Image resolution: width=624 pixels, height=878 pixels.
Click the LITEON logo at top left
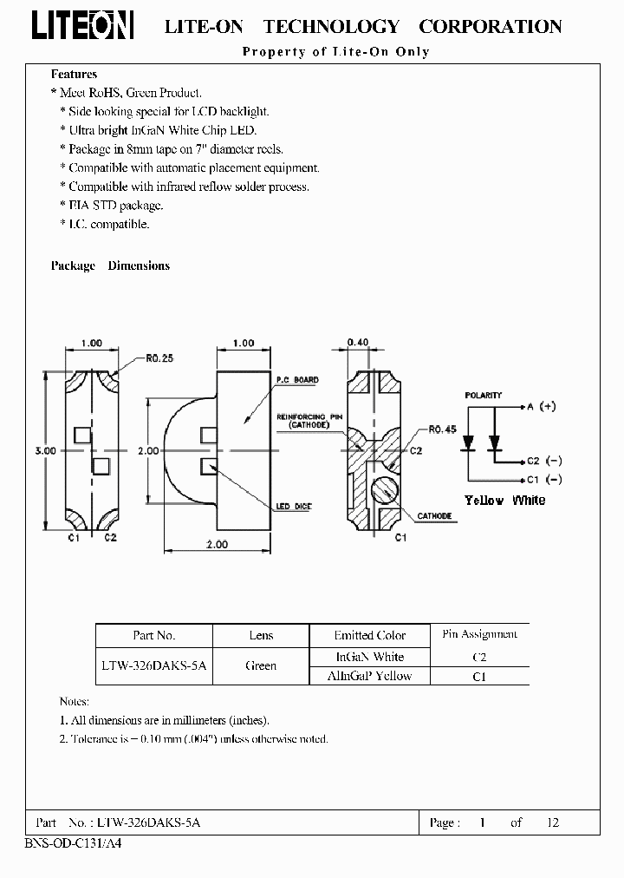point(83,26)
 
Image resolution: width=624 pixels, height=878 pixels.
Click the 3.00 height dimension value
point(46,451)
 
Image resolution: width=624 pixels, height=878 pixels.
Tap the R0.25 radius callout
point(160,356)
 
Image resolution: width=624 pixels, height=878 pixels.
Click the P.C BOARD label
point(297,380)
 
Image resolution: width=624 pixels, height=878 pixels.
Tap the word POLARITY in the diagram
point(483,396)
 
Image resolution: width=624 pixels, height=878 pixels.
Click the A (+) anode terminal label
point(541,406)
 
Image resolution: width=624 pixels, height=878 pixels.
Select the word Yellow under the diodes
point(484,501)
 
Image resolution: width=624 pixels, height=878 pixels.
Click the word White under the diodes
point(529,501)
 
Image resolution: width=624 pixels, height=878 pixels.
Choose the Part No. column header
point(154,636)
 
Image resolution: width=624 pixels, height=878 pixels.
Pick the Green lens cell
point(261,665)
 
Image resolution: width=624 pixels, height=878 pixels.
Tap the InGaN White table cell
point(369,657)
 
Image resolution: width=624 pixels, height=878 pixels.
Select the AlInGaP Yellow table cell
point(369,676)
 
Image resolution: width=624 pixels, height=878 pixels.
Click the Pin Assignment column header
point(479,634)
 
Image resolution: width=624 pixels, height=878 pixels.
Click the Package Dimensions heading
point(110,265)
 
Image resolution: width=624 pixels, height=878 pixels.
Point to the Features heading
point(74,75)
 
